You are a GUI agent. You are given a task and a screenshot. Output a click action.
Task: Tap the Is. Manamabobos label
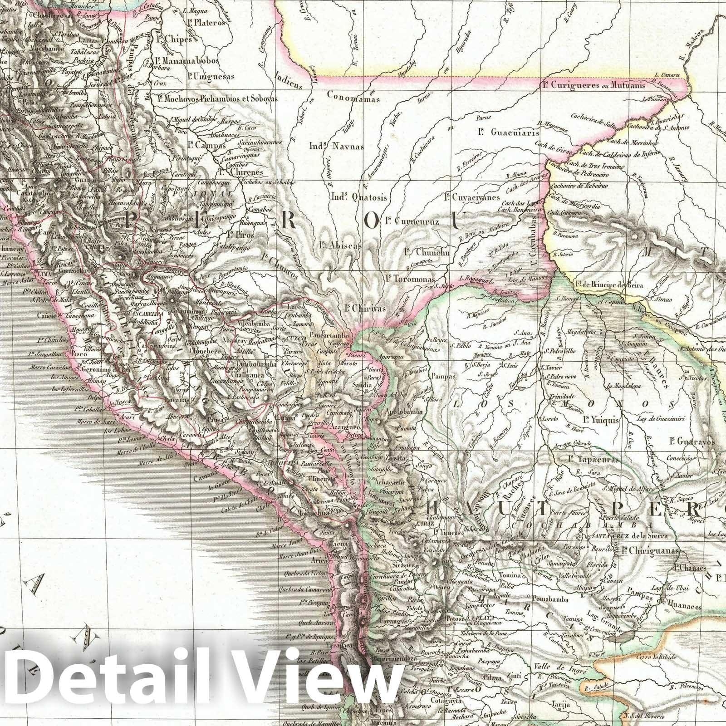[186, 60]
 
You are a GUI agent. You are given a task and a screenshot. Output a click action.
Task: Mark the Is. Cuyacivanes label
[471, 197]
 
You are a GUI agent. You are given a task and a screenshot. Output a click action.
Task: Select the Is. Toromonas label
[409, 280]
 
